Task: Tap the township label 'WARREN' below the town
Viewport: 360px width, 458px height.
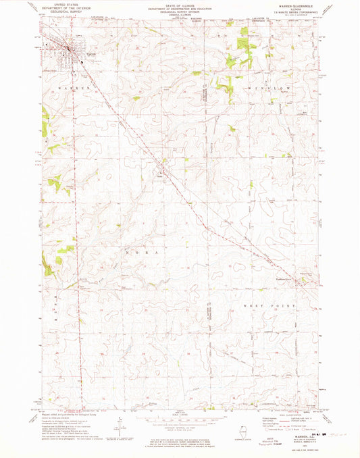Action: click(x=74, y=88)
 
